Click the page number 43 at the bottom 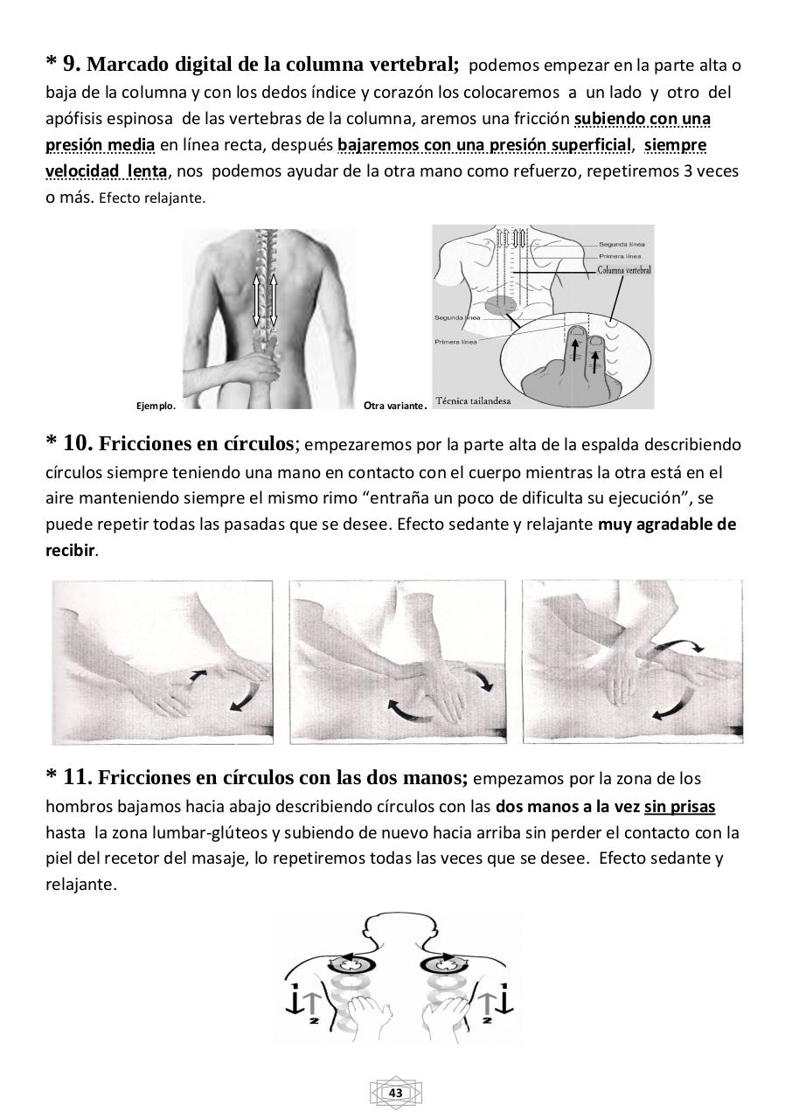point(395,1094)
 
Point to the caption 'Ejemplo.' point(156,406)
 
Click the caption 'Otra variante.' point(393,406)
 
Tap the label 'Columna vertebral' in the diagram point(623,270)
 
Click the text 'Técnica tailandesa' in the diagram point(473,400)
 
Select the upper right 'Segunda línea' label point(622,244)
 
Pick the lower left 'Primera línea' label point(455,342)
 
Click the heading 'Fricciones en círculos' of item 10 point(197,444)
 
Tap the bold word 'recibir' point(71,552)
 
